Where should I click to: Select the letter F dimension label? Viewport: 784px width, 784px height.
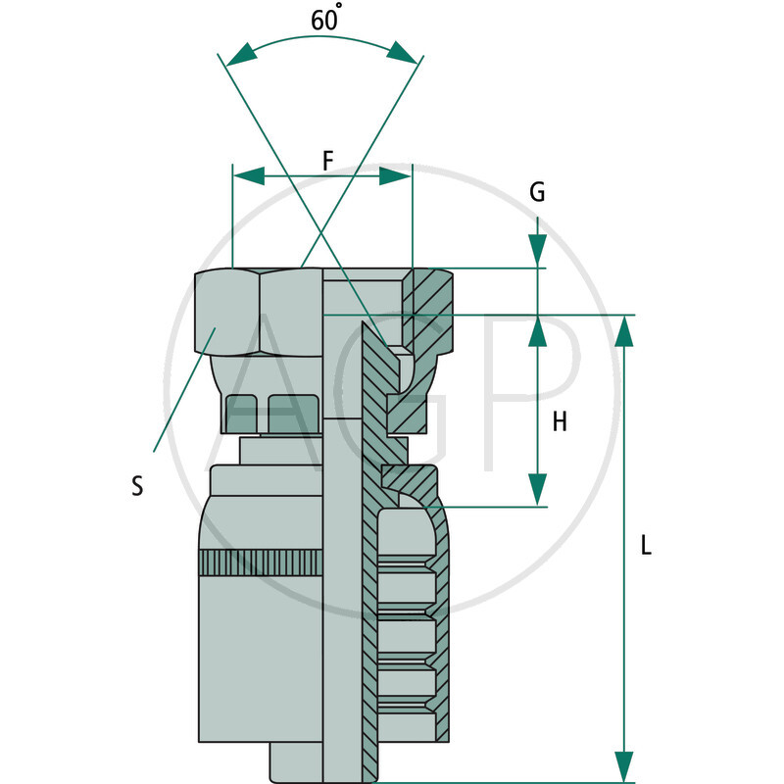point(328,162)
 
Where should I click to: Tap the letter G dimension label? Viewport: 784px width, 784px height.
point(537,192)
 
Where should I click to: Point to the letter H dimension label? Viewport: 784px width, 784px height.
point(560,422)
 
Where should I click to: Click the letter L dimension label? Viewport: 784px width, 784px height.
point(646,546)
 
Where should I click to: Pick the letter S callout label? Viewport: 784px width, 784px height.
point(137,485)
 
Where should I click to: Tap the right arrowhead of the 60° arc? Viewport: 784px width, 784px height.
point(404,53)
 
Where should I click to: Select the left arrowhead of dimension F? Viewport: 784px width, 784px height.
point(249,175)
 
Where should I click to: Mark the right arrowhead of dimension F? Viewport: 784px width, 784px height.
point(395,175)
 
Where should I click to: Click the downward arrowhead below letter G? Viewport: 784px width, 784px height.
point(537,252)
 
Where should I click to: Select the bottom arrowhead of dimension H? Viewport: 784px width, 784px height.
point(537,490)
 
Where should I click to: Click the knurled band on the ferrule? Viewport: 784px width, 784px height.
point(260,563)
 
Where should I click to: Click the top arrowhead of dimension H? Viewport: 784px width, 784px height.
point(537,332)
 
